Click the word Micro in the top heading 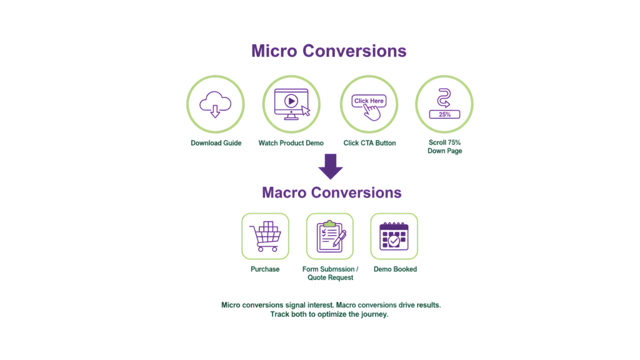pos(273,51)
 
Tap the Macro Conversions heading pos(331,192)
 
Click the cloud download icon pos(215,104)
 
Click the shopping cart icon pos(265,236)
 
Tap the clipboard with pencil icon pos(330,236)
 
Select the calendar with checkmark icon pos(394,236)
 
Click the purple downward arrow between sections pos(330,167)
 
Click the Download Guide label pos(216,143)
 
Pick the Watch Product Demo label pos(291,143)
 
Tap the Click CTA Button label pos(369,143)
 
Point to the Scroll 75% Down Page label pos(445,147)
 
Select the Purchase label pos(265,269)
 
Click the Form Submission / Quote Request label pos(330,273)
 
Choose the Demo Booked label pos(395,269)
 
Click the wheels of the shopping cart pos(267,249)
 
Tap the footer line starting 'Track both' pos(329,314)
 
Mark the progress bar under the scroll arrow pos(444,114)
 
